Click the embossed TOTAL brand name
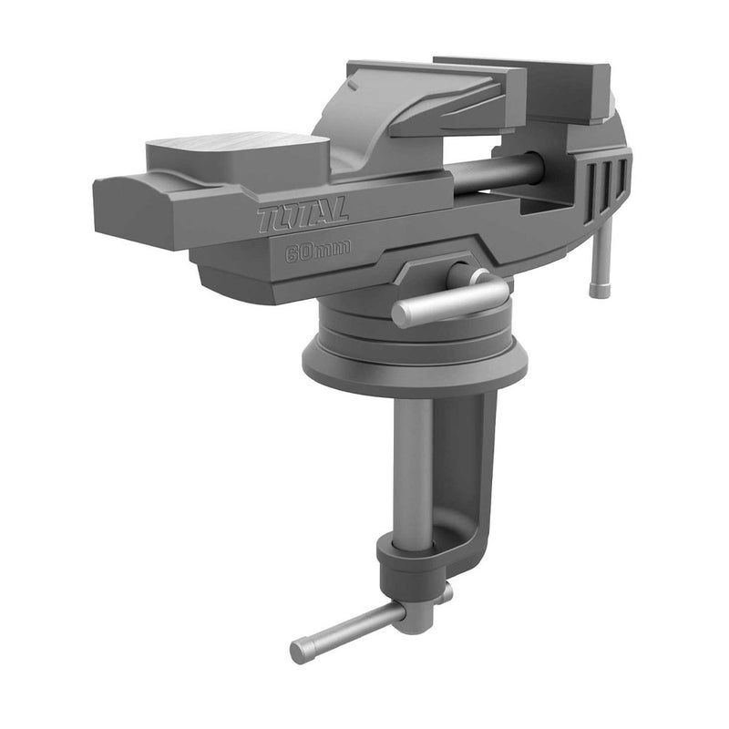290,217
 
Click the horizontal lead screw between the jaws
497,172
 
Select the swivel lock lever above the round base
451,301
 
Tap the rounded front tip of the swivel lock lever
402,315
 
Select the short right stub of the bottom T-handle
444,593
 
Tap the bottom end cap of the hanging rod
599,291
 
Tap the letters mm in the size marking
334,250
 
